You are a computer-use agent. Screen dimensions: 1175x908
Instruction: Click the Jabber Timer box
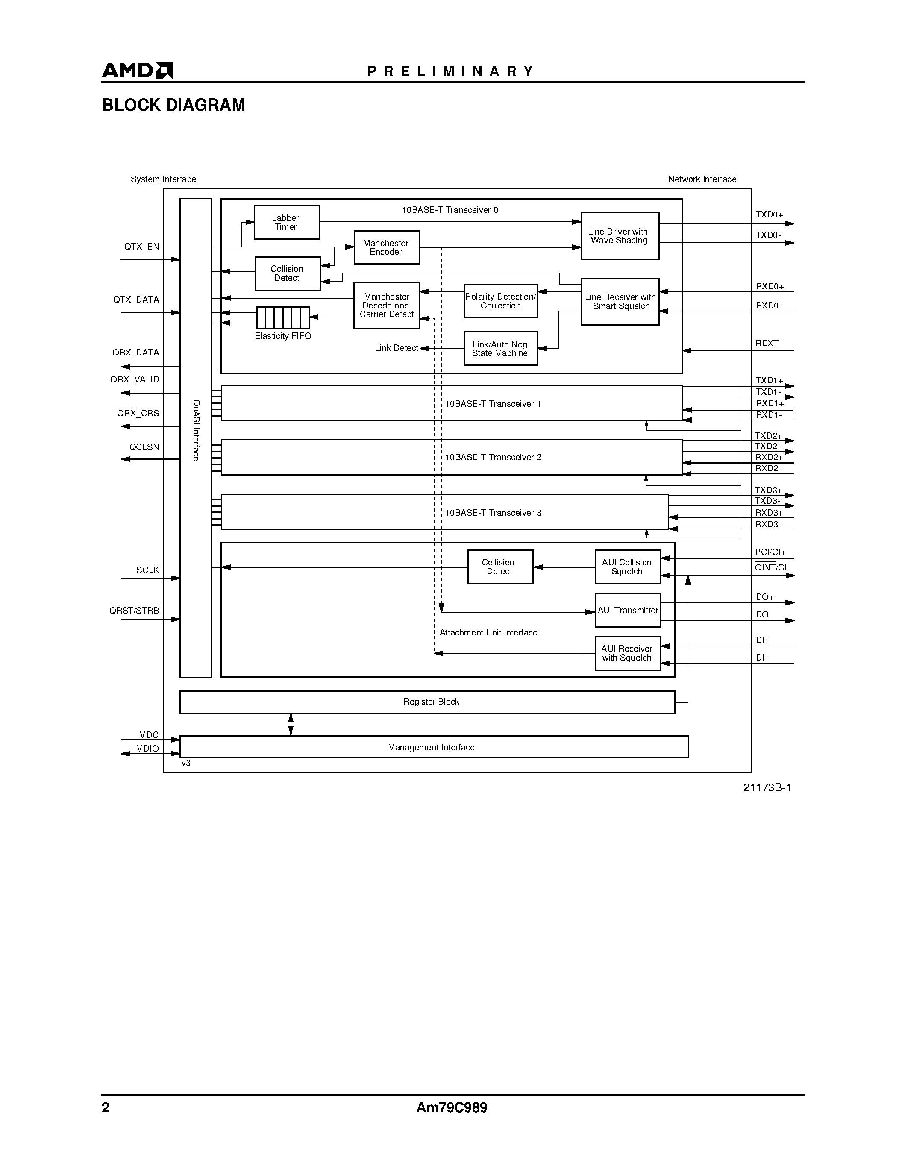pyautogui.click(x=287, y=222)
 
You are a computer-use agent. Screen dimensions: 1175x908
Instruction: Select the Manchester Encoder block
pyautogui.click(x=386, y=247)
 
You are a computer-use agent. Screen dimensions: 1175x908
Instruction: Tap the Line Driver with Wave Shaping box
pyautogui.click(x=620, y=236)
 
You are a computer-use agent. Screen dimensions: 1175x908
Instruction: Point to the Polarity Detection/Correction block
pyautogui.click(x=500, y=301)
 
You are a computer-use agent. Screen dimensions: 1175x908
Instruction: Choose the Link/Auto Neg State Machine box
pyautogui.click(x=500, y=349)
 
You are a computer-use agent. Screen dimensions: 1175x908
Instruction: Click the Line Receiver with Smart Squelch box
pyautogui.click(x=620, y=301)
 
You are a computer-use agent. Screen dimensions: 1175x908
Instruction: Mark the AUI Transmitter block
pyautogui.click(x=627, y=610)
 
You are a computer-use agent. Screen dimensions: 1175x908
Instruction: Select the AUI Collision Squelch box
pyautogui.click(x=627, y=567)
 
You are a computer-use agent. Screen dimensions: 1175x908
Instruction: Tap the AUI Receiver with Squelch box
pyautogui.click(x=627, y=653)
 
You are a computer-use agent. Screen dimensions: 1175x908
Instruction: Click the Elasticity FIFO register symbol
pyautogui.click(x=283, y=317)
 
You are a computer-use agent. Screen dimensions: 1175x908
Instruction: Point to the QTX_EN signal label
pyautogui.click(x=141, y=247)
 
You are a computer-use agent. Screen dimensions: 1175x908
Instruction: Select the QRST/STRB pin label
pyautogui.click(x=135, y=611)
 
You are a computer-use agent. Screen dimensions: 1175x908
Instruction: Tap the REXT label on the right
pyautogui.click(x=767, y=343)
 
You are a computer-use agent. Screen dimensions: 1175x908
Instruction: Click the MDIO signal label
pyautogui.click(x=147, y=748)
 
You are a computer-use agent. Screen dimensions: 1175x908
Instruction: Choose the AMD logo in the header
pyautogui.click(x=138, y=70)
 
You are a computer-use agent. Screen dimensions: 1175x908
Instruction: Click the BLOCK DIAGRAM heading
pyautogui.click(x=173, y=105)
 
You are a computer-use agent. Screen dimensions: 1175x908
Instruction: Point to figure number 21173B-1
pyautogui.click(x=767, y=787)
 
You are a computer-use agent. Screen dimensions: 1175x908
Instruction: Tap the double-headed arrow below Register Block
pyautogui.click(x=291, y=724)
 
